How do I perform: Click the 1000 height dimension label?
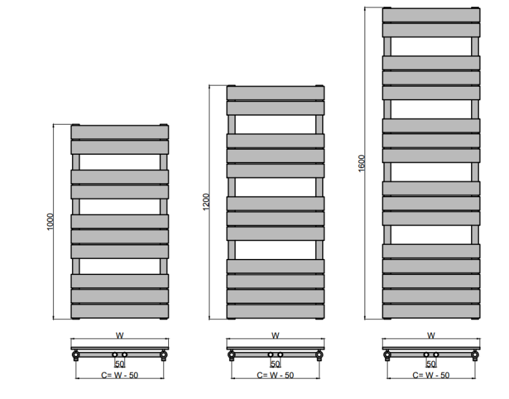[51, 222]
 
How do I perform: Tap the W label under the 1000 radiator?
[119, 335]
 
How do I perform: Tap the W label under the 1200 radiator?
[275, 335]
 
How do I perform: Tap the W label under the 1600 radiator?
[431, 335]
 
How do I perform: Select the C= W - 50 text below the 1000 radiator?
[119, 375]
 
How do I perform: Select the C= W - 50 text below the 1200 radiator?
[275, 375]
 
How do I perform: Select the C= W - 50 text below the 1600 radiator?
[431, 375]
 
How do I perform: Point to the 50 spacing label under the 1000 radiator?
[119, 364]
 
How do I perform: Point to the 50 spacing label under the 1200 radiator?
[275, 364]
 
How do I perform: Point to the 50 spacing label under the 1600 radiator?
[431, 364]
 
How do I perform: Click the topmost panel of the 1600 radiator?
[431, 15]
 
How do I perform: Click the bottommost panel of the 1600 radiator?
[431, 312]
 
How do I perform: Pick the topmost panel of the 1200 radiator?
[275, 93]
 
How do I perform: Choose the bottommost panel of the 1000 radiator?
[119, 312]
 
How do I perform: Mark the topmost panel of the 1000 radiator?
[119, 132]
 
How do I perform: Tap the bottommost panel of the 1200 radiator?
[275, 312]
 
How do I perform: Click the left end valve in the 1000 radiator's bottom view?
[76, 354]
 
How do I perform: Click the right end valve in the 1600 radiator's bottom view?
[476, 354]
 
